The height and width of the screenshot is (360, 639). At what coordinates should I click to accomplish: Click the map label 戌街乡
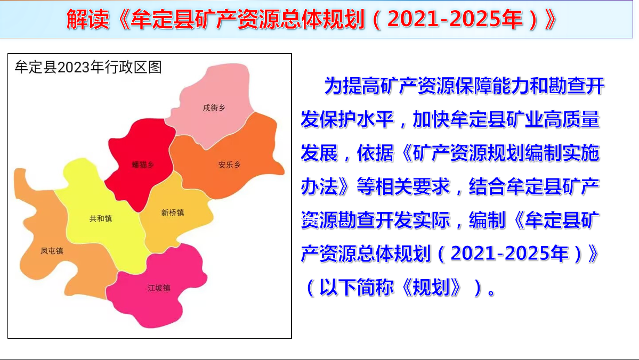[214, 108]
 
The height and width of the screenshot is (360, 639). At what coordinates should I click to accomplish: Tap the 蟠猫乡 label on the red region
[143, 165]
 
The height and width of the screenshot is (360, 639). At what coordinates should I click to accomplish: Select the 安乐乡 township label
[230, 165]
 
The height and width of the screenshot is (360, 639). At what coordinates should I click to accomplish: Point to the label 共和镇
[101, 219]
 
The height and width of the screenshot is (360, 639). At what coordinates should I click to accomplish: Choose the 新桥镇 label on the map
[172, 212]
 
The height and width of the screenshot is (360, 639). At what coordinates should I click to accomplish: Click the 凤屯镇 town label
[52, 251]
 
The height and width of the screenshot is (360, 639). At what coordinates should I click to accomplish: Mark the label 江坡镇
[159, 288]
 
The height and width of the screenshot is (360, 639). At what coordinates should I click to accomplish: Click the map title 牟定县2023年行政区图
[88, 67]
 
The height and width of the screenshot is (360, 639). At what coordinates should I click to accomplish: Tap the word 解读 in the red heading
[88, 19]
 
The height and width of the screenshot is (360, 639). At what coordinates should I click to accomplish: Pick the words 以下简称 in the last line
[357, 288]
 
